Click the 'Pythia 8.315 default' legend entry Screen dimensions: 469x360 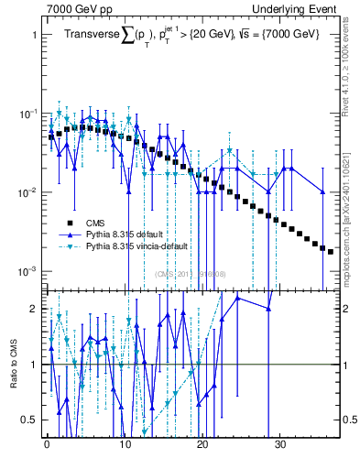point(121,235)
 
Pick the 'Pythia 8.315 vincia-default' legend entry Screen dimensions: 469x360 point(134,248)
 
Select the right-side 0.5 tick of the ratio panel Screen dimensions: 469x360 point(347,420)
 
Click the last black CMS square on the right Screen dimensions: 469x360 point(331,251)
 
